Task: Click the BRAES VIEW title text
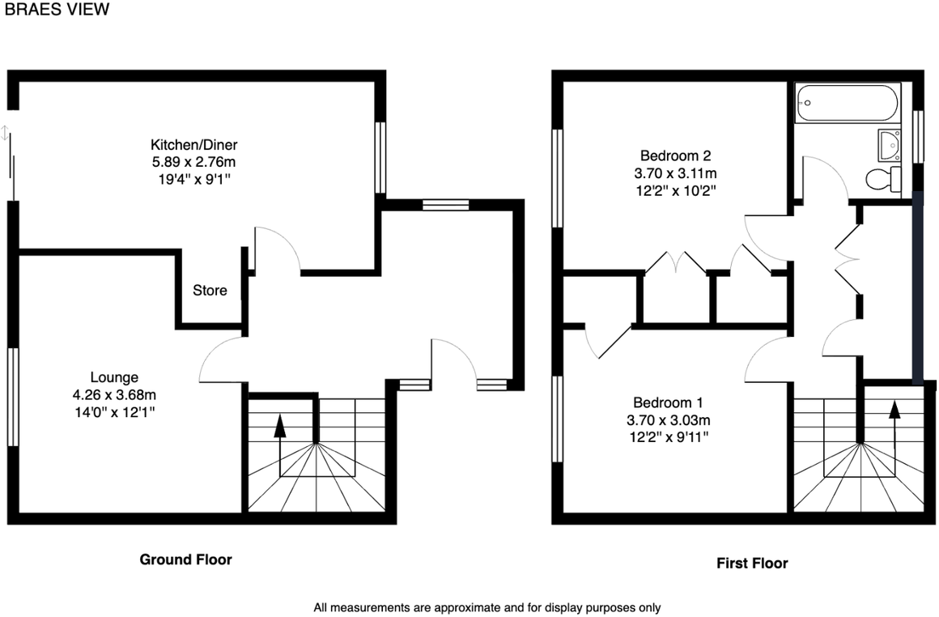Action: tap(57, 10)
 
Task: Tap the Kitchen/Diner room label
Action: tap(194, 145)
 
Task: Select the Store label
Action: tap(210, 290)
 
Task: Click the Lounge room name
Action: tap(114, 377)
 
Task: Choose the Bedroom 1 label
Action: tap(668, 402)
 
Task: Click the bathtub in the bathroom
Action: tap(847, 102)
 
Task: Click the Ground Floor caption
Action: tap(185, 560)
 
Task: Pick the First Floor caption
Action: tap(752, 563)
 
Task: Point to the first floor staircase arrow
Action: tap(894, 420)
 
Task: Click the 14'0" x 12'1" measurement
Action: tap(114, 412)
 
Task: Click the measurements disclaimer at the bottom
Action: tap(487, 606)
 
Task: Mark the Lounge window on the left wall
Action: tap(12, 397)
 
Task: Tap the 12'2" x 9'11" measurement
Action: tap(668, 438)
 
